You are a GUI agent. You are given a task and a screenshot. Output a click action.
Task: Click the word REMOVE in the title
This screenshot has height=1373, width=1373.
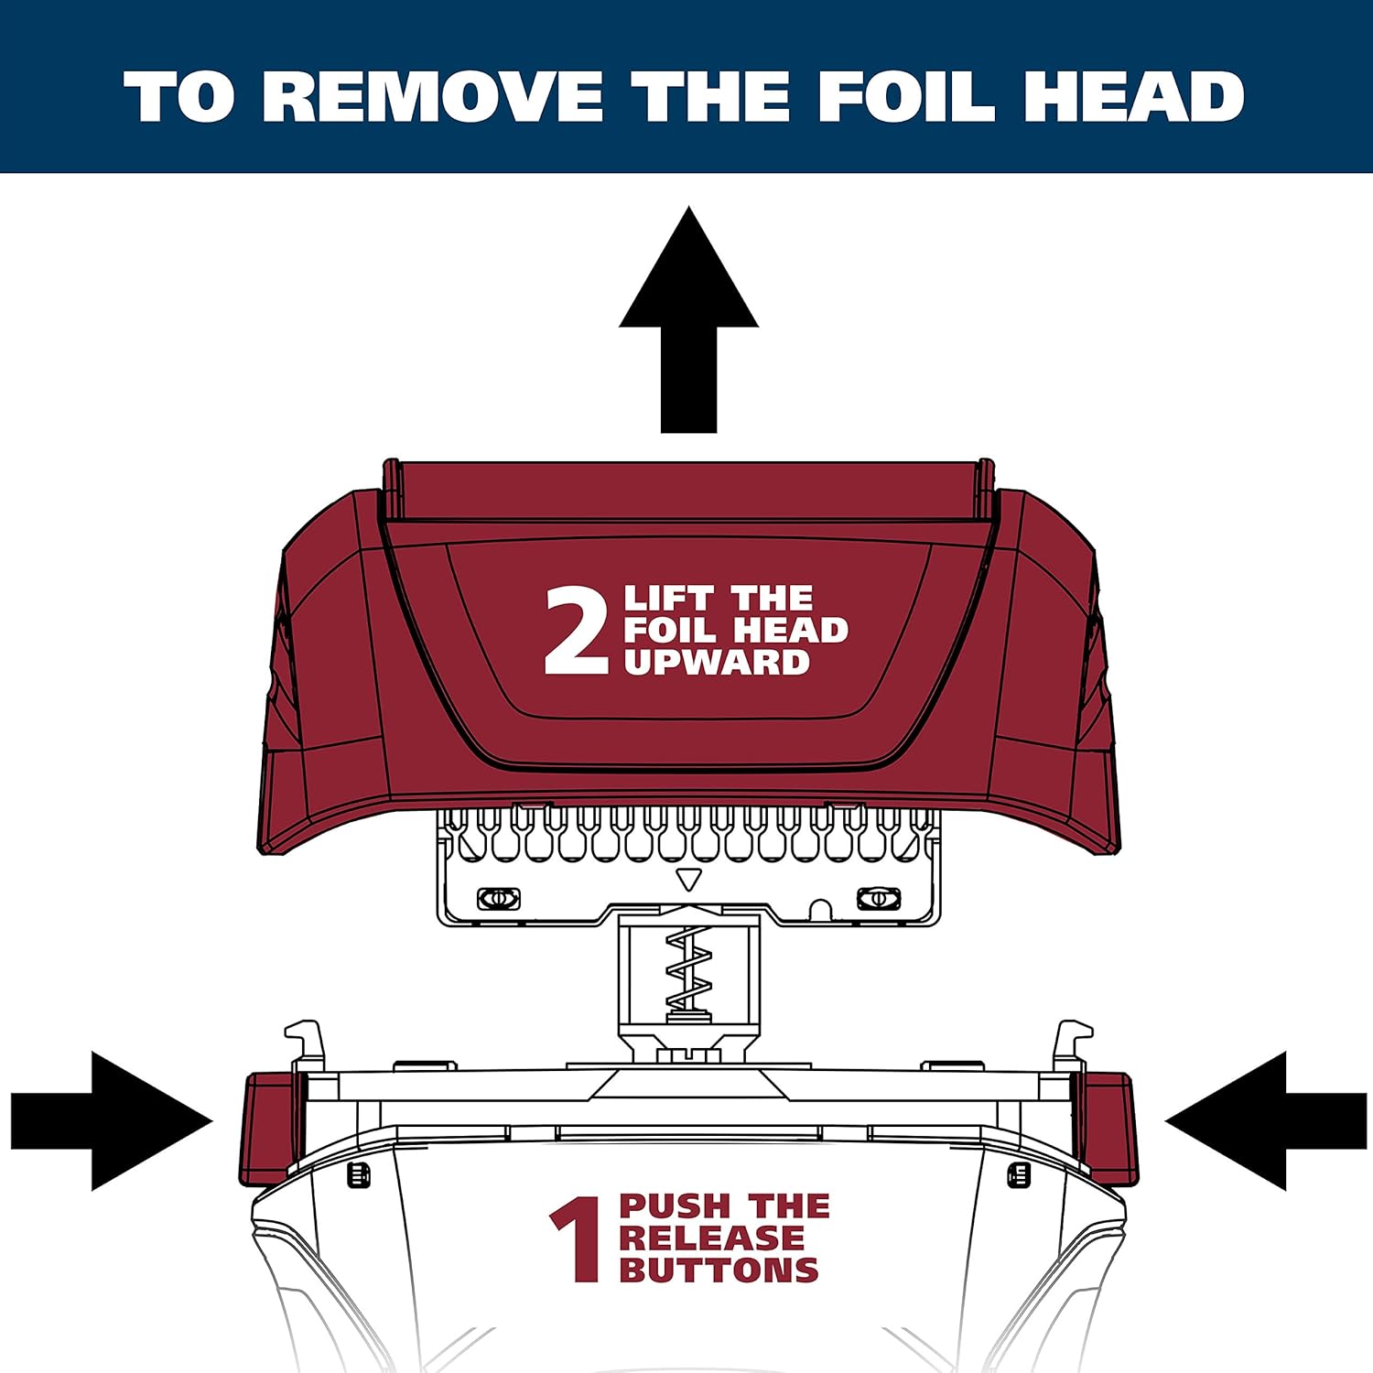(x=433, y=96)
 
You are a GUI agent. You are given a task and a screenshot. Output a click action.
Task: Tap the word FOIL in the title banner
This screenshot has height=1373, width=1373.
(x=905, y=96)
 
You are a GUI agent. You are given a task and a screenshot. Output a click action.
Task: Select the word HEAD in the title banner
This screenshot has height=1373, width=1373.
(x=1133, y=96)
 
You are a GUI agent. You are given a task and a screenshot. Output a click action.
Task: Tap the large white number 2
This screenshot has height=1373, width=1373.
(x=575, y=632)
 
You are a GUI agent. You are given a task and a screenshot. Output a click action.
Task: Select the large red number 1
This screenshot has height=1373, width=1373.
(x=577, y=1240)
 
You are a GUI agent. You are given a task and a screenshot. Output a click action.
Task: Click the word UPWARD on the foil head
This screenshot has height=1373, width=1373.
(x=717, y=663)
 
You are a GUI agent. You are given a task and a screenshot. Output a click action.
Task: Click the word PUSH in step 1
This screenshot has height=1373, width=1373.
(x=674, y=1206)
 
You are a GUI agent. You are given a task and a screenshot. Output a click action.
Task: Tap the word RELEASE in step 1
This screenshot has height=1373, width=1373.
(x=711, y=1238)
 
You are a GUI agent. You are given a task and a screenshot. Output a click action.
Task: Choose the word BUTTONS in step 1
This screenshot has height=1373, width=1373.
(x=719, y=1270)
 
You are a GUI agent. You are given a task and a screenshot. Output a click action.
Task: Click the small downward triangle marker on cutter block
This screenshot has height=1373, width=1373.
(x=688, y=880)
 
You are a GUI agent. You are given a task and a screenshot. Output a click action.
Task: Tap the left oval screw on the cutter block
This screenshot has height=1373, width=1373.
(x=499, y=898)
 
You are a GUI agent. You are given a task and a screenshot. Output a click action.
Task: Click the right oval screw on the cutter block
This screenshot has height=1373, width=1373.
(x=878, y=898)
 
